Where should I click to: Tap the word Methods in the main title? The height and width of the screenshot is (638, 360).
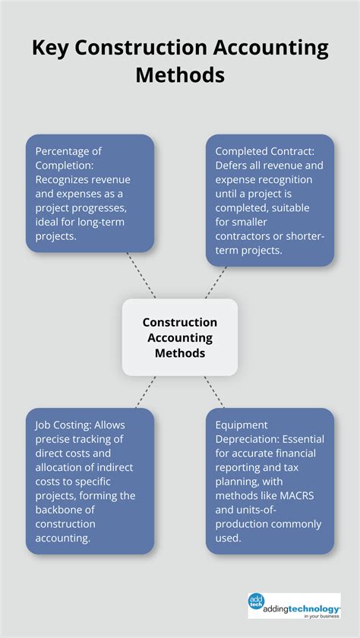180,75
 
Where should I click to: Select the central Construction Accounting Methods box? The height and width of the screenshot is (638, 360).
180,336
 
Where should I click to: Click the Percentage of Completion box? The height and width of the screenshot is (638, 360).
90,193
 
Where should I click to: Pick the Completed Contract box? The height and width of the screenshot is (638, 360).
270,201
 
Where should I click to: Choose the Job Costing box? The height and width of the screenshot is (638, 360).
90,480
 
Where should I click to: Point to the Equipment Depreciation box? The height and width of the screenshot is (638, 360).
270,480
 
